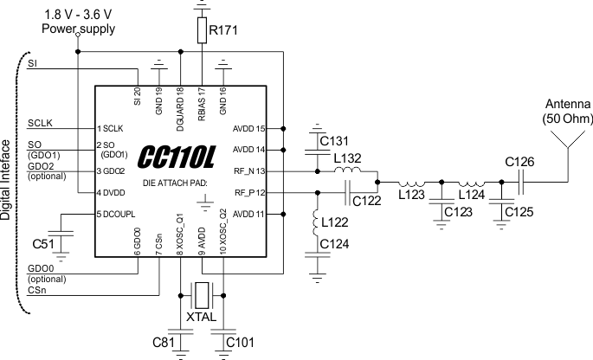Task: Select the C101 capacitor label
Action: (x=240, y=342)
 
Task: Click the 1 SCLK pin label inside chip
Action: (x=112, y=128)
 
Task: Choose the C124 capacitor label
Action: (x=335, y=245)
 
